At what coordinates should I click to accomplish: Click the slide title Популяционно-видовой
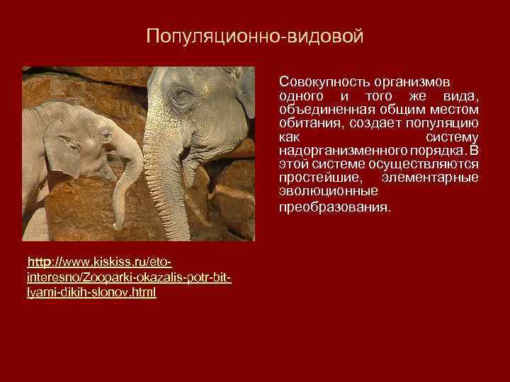[254, 36]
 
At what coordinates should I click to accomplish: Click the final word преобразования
[334, 208]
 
